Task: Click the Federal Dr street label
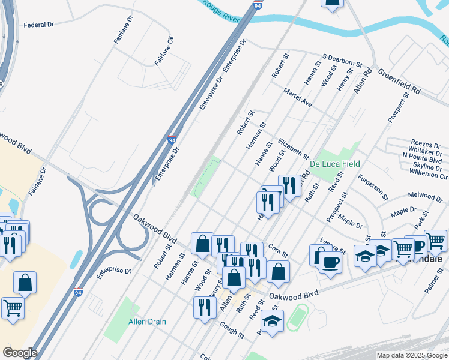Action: (38, 25)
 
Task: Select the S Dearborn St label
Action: (343, 60)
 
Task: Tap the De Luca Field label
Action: (334, 163)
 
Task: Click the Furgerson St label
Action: (373, 187)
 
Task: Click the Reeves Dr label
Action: (427, 145)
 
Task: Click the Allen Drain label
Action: (147, 322)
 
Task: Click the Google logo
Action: (19, 353)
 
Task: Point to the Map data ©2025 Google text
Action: (412, 355)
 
